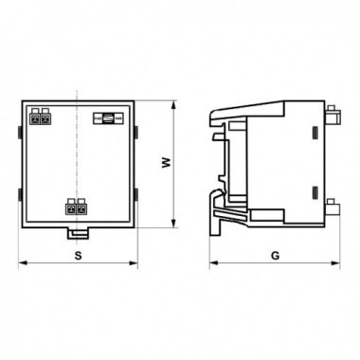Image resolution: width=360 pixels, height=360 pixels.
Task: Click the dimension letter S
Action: coord(78,255)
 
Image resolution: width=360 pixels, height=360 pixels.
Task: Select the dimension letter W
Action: coord(167,162)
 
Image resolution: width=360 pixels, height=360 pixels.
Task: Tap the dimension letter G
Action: coord(276,255)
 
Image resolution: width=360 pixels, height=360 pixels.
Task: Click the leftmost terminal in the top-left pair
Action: coord(35,117)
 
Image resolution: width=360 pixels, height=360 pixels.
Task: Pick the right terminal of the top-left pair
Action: coord(45,117)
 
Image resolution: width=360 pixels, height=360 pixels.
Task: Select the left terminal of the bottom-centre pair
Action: coord(71,207)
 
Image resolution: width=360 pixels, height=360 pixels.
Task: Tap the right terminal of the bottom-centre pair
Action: coord(81,207)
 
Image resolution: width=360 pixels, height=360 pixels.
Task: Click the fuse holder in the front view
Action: coord(108,118)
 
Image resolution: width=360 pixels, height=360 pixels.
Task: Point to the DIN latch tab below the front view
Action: coord(78,233)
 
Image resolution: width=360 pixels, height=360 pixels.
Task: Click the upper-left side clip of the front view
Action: coord(20,133)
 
